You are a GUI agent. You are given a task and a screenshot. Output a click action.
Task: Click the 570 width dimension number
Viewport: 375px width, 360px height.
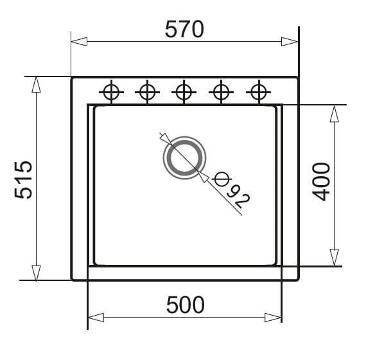pyautogui.click(x=184, y=30)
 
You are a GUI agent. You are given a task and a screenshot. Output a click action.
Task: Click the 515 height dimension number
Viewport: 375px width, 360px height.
pyautogui.click(x=23, y=180)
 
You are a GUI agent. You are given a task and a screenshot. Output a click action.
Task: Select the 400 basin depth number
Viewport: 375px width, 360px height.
pyautogui.click(x=321, y=181)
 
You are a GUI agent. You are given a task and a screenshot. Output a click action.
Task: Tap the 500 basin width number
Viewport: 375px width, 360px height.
pyautogui.click(x=186, y=305)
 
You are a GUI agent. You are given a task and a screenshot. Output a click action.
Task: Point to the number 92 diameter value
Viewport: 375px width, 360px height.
pyautogui.click(x=238, y=197)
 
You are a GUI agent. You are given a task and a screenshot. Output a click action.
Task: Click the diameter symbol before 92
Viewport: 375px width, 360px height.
pyautogui.click(x=222, y=179)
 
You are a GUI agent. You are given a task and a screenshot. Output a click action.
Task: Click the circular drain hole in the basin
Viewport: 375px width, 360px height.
pyautogui.click(x=184, y=157)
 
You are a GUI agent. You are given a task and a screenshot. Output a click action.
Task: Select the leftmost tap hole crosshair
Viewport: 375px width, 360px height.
pyautogui.click(x=111, y=92)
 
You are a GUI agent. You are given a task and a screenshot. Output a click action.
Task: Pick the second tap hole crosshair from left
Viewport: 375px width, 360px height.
pyautogui.click(x=147, y=92)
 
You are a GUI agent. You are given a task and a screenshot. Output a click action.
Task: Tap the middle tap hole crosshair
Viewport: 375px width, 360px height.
pyautogui.click(x=184, y=92)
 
